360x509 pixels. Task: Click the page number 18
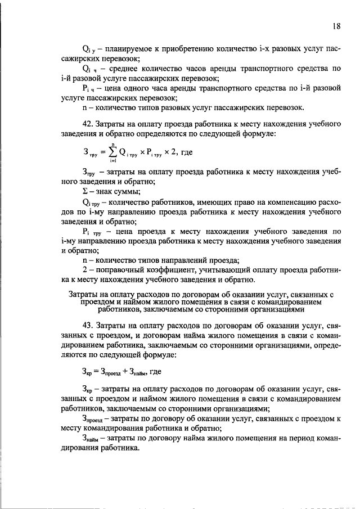click(336, 25)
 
